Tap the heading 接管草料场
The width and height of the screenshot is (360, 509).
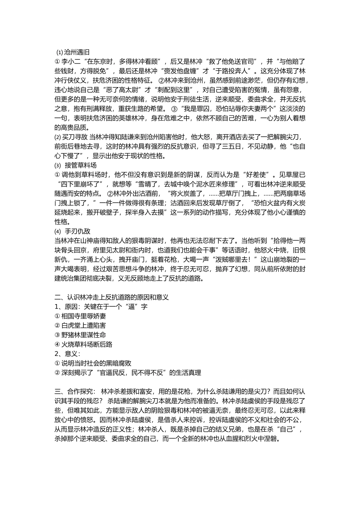tap(81, 165)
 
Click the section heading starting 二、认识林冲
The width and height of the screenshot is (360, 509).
tap(112, 297)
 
